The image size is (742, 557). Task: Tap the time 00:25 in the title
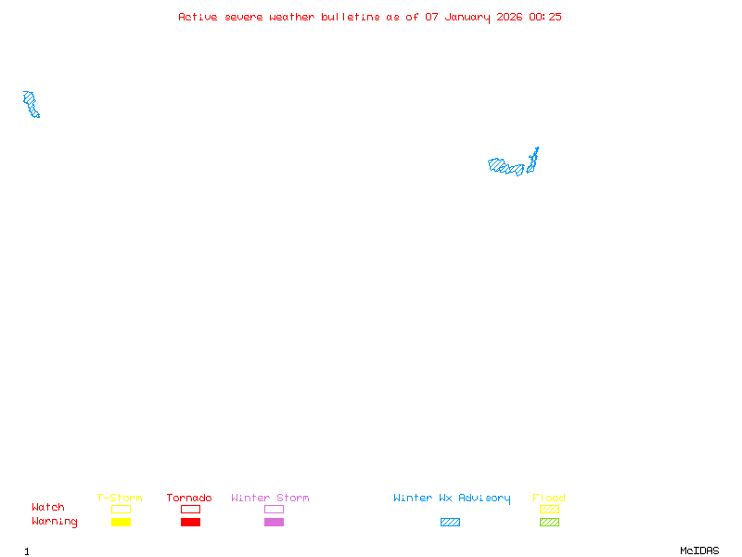[545, 17]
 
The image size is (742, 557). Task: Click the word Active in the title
[198, 17]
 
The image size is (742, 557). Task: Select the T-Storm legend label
[120, 498]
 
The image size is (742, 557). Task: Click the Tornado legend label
[189, 498]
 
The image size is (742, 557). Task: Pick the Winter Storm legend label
[270, 498]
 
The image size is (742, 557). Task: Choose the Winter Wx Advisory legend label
[452, 498]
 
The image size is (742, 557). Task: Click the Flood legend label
[549, 498]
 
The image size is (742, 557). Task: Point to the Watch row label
[48, 508]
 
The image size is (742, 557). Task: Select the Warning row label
[55, 522]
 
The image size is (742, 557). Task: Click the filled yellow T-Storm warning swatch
[121, 522]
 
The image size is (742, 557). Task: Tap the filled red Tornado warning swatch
[190, 522]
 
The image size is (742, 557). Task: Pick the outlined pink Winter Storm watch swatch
[274, 509]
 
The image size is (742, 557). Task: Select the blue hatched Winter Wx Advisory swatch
[450, 522]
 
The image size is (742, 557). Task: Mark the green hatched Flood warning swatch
[549, 522]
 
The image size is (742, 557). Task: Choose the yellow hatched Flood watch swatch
[549, 509]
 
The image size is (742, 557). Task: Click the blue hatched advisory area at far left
[32, 104]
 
